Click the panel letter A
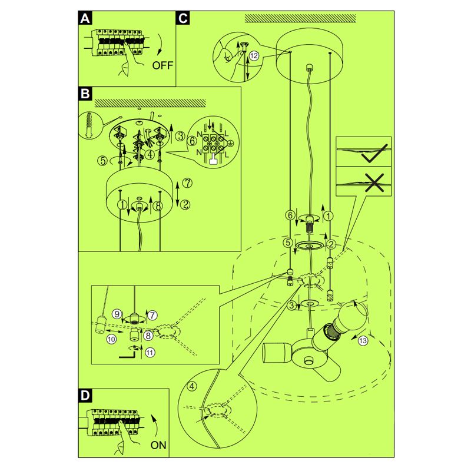click(x=86, y=18)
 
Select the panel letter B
click(x=86, y=93)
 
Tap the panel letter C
click(x=183, y=18)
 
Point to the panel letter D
click(x=86, y=396)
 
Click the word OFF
click(x=163, y=65)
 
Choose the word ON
click(x=158, y=445)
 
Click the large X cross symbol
click(x=372, y=183)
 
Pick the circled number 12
click(x=254, y=55)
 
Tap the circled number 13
click(x=363, y=340)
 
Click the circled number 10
click(x=111, y=340)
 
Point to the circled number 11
click(x=150, y=353)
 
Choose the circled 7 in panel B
click(x=186, y=183)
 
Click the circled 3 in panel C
click(x=291, y=305)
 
